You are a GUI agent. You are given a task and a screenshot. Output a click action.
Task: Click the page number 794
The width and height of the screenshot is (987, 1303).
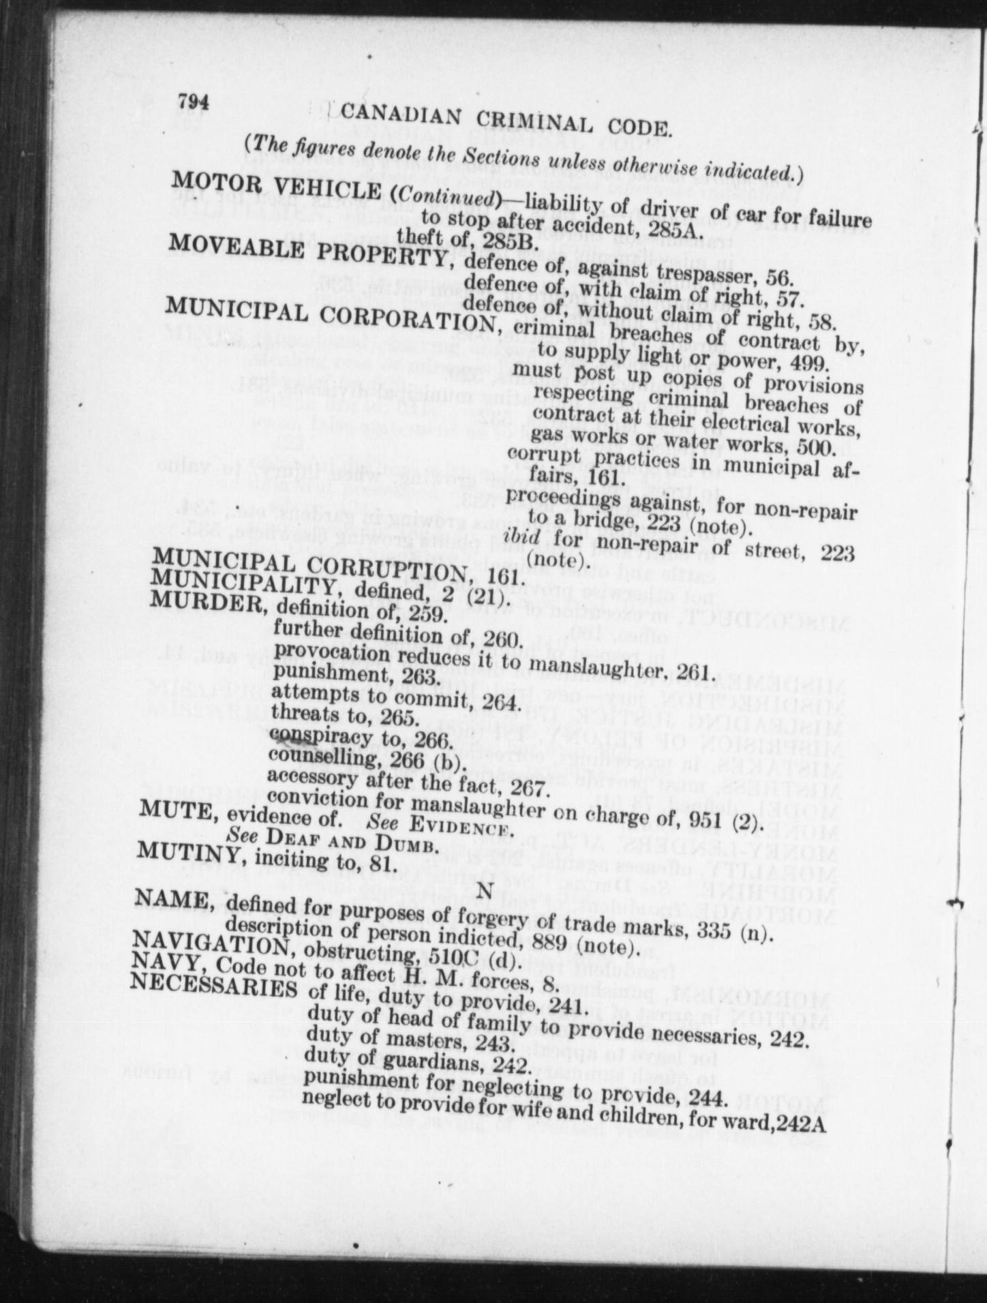tap(193, 102)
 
